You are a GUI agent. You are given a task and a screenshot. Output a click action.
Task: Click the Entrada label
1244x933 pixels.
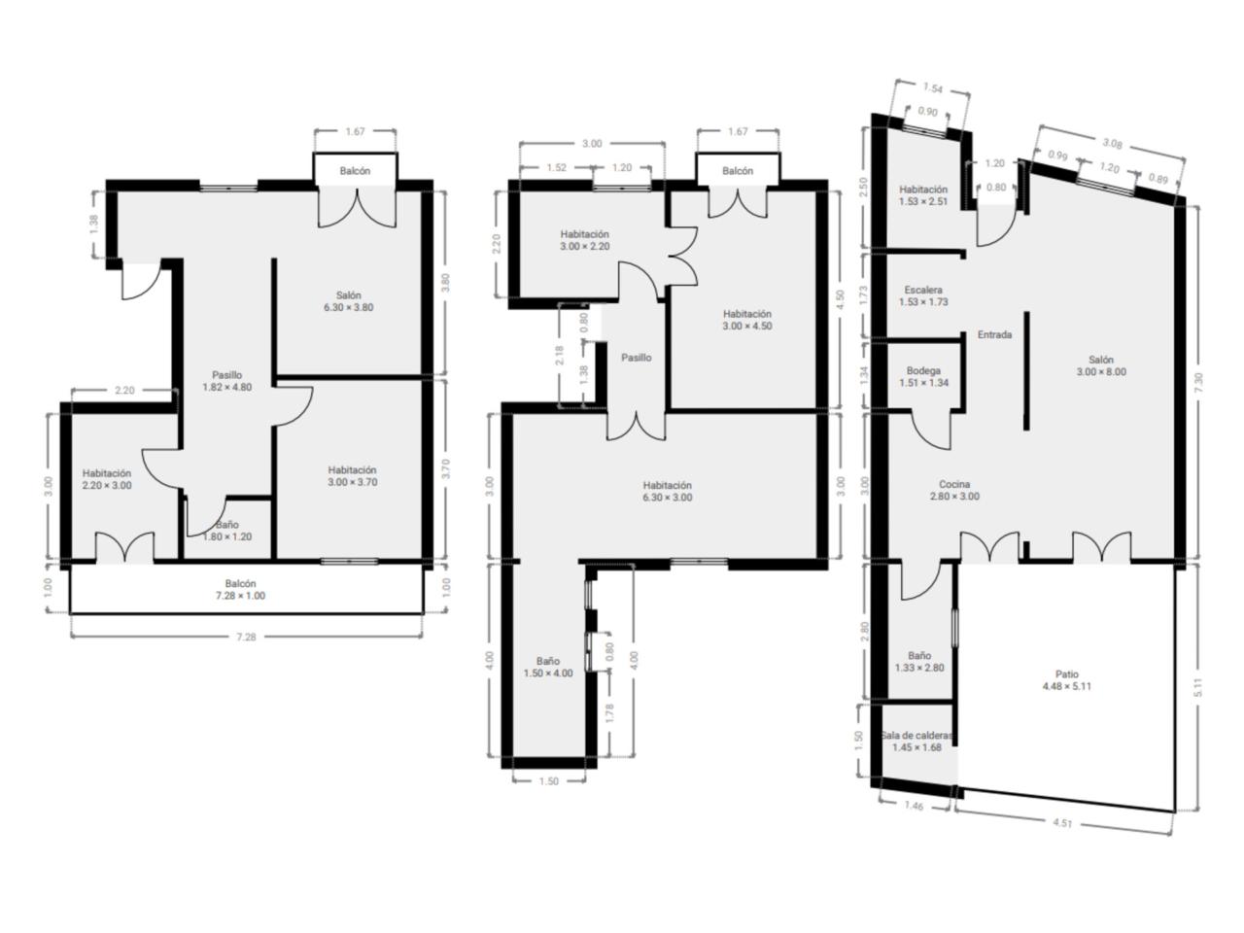tap(994, 334)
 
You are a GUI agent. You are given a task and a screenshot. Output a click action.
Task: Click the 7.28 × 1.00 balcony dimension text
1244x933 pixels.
tap(240, 596)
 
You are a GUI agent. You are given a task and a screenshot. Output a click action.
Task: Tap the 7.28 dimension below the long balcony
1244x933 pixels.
tap(246, 637)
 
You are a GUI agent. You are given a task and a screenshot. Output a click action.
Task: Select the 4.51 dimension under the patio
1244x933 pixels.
tap(1062, 822)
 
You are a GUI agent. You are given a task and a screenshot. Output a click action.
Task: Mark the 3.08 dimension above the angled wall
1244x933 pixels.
tap(1112, 144)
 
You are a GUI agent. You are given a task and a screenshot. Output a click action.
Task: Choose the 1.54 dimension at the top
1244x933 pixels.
tap(932, 87)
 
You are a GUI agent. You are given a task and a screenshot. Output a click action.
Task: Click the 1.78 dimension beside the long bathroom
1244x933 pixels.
tap(609, 713)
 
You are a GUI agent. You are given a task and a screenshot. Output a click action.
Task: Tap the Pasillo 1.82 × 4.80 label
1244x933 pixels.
tap(226, 381)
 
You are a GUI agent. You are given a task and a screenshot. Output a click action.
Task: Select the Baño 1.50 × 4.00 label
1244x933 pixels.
tap(547, 667)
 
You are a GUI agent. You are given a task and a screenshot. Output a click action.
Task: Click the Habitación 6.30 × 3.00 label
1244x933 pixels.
tap(667, 491)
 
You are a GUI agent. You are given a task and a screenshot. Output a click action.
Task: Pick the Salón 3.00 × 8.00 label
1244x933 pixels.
tap(1100, 365)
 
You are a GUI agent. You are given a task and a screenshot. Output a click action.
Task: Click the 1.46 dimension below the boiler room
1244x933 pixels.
tap(914, 805)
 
